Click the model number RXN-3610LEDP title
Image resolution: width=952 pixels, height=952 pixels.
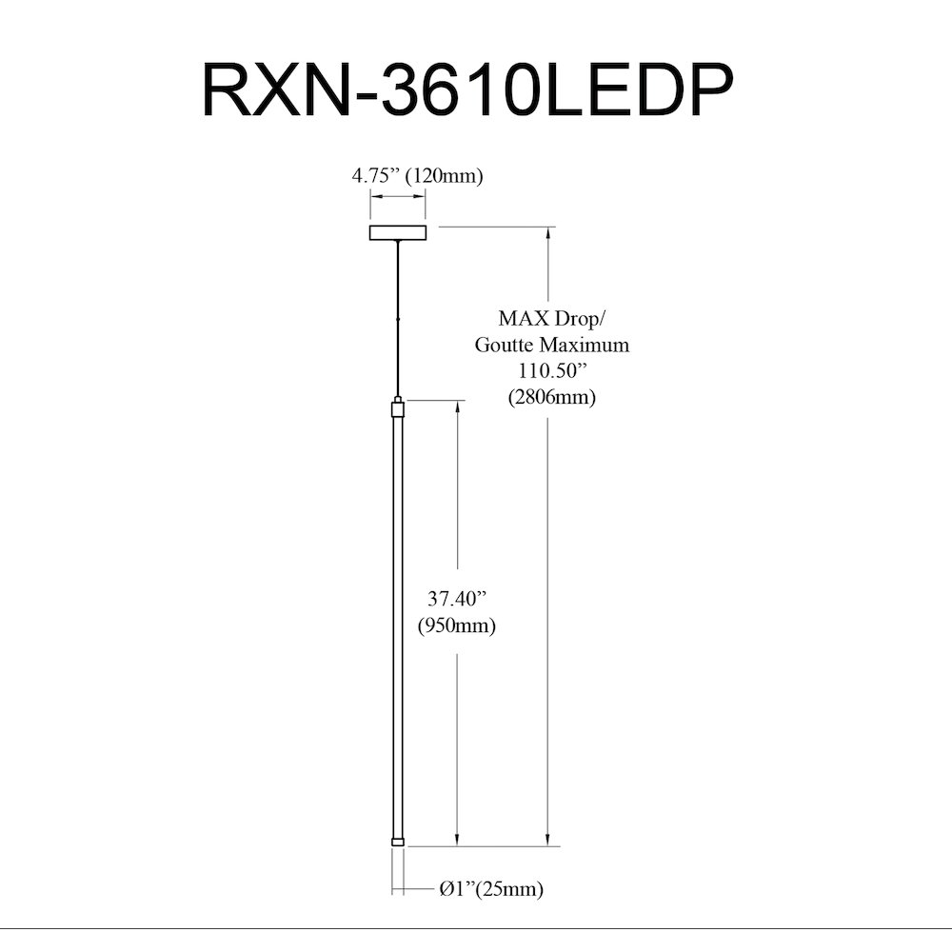pyautogui.click(x=467, y=89)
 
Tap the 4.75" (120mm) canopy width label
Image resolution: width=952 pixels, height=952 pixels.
pyautogui.click(x=417, y=176)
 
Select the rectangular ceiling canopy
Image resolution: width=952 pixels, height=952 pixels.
pyautogui.click(x=398, y=232)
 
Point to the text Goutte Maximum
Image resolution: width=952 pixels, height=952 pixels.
pyautogui.click(x=551, y=345)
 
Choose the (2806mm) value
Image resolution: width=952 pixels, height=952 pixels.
pyautogui.click(x=551, y=397)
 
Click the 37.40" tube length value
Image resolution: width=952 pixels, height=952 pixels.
pyautogui.click(x=457, y=599)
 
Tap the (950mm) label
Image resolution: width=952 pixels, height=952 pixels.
pyautogui.click(x=457, y=625)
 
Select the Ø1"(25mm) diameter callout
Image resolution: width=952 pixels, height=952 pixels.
pyautogui.click(x=491, y=889)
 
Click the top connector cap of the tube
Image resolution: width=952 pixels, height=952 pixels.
pyautogui.click(x=398, y=407)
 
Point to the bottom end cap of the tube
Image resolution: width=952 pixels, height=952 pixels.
pyautogui.click(x=398, y=842)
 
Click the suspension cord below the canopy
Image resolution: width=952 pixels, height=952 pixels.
pyautogui.click(x=398, y=318)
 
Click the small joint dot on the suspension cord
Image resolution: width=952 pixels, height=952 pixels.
pyautogui.click(x=398, y=319)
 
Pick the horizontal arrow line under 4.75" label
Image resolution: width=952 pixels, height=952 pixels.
pyautogui.click(x=398, y=196)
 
